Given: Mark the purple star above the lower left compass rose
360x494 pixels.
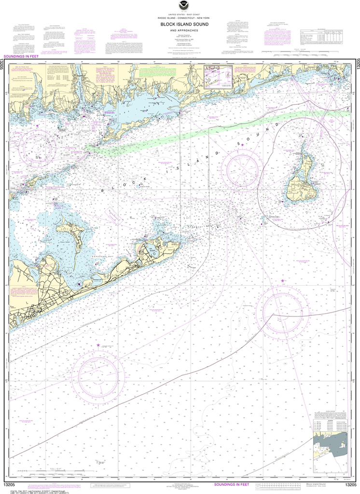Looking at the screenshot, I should pyautogui.click(x=98, y=345).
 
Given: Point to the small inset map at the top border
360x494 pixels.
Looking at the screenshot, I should pyautogui.click(x=218, y=77).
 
